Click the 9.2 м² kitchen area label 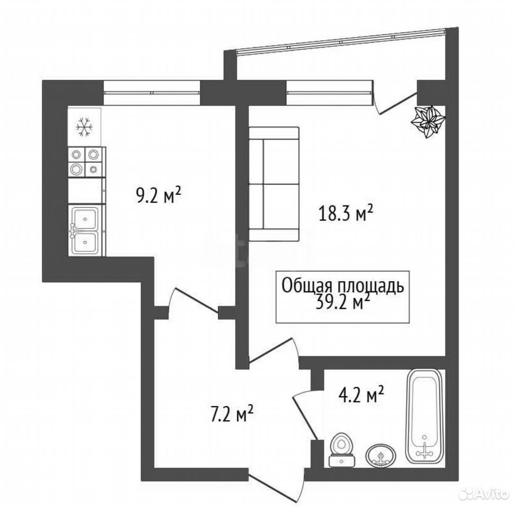158,195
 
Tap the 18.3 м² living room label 345,214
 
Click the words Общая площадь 343,286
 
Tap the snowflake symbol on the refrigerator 85,127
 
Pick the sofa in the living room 274,184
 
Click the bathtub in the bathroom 424,417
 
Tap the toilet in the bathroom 342,450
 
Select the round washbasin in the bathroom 381,455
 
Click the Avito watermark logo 485,494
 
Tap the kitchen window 152,92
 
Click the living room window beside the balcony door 330,92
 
